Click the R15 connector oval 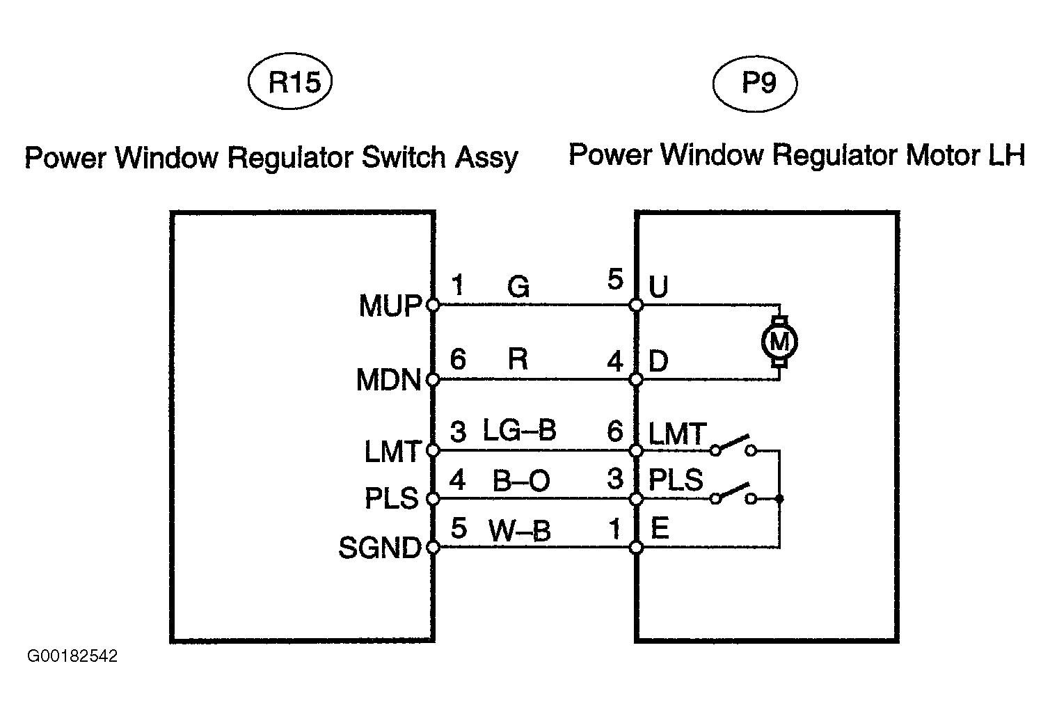pyautogui.click(x=289, y=83)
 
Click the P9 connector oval pyautogui.click(x=755, y=83)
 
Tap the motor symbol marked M pyautogui.click(x=779, y=342)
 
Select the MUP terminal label pyautogui.click(x=390, y=306)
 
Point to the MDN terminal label pyautogui.click(x=389, y=381)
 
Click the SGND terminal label pyautogui.click(x=380, y=548)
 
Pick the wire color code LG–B pyautogui.click(x=520, y=431)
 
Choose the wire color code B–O pyautogui.click(x=521, y=481)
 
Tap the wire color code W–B pyautogui.click(x=519, y=532)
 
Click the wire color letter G pyautogui.click(x=518, y=287)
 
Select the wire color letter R pyautogui.click(x=518, y=360)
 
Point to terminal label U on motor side pyautogui.click(x=658, y=287)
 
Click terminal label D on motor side pyautogui.click(x=658, y=361)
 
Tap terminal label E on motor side pyautogui.click(x=659, y=529)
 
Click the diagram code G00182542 pyautogui.click(x=72, y=656)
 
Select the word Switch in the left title pyautogui.click(x=404, y=158)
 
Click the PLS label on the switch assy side pyautogui.click(x=392, y=499)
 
